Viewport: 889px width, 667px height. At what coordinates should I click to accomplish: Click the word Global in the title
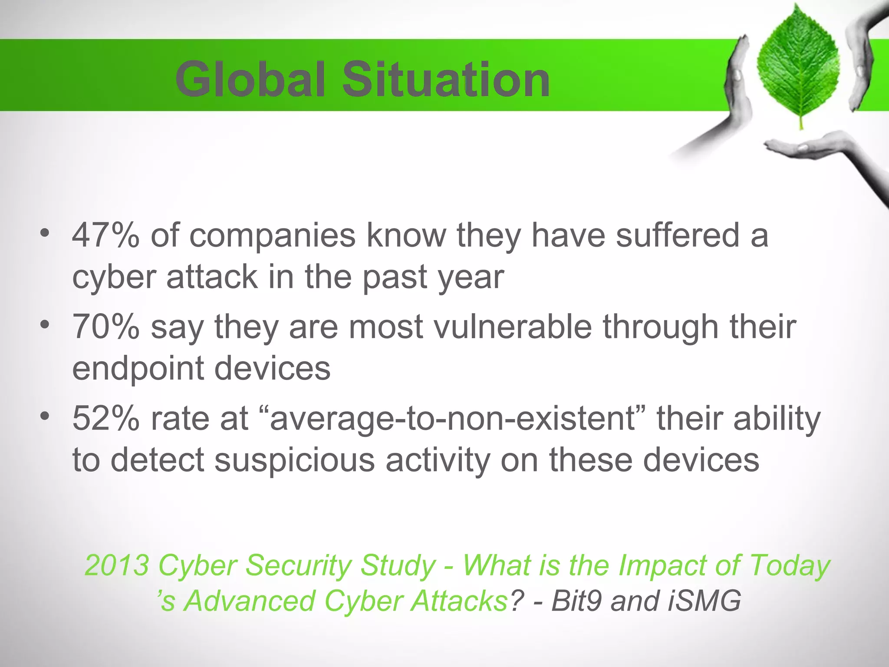tap(250, 80)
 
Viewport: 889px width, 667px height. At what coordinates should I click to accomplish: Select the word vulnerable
tap(513, 327)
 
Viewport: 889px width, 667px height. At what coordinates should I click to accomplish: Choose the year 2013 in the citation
tap(117, 565)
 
